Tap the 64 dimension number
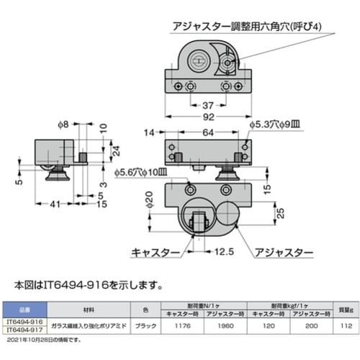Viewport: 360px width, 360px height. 208,132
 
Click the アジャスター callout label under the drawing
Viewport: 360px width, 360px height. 284,253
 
